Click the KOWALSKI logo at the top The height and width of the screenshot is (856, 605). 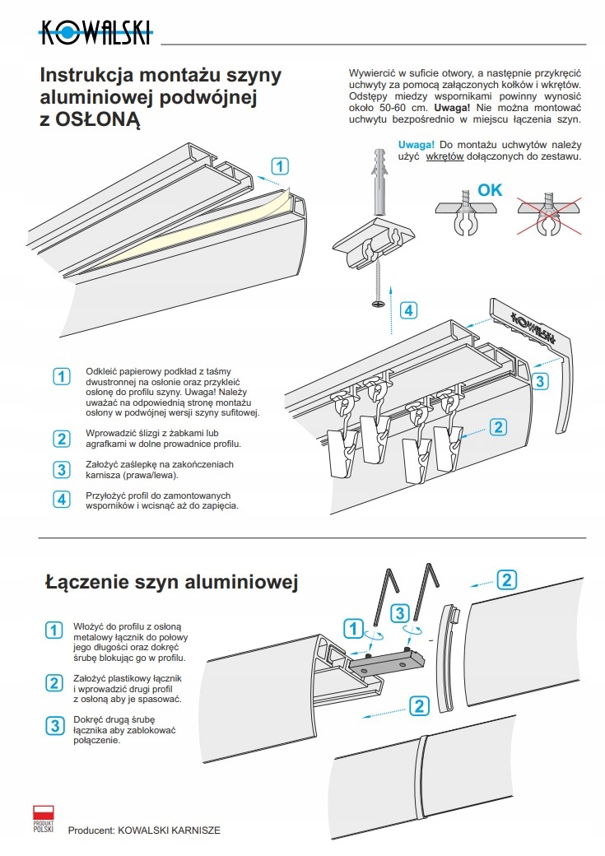(x=95, y=34)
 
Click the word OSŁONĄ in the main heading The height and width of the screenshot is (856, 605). (x=99, y=121)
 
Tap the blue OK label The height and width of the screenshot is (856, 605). (x=490, y=190)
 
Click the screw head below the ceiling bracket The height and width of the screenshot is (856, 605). (x=379, y=303)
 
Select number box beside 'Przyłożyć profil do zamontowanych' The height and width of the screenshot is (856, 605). (x=61, y=499)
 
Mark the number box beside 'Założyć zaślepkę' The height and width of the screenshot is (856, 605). (x=61, y=470)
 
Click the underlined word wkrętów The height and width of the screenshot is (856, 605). (x=445, y=156)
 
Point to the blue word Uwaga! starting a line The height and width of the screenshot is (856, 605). (x=416, y=144)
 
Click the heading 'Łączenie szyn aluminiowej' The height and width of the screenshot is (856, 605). (x=170, y=583)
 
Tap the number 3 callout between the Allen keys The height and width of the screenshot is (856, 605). (x=399, y=613)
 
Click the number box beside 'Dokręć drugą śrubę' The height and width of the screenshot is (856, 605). (x=54, y=725)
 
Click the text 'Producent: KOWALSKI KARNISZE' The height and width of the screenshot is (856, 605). (x=144, y=831)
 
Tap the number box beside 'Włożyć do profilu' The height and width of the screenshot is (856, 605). (x=54, y=630)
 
